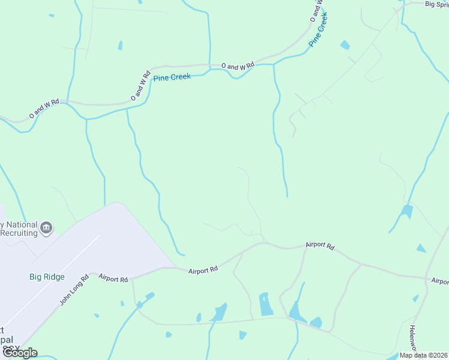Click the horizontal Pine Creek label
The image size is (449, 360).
(172, 77)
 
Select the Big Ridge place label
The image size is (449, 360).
(46, 277)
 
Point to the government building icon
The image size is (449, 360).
(46, 228)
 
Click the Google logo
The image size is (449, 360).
(19, 353)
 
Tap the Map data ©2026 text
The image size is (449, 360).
(423, 355)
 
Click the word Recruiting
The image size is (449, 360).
(18, 232)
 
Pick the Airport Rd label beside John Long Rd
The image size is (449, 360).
(113, 279)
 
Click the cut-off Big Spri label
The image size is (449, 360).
(436, 4)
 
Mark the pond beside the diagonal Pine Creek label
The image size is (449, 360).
(345, 45)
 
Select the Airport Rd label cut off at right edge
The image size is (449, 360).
(439, 281)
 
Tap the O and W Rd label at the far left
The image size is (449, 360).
(44, 108)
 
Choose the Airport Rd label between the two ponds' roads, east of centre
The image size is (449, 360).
(319, 245)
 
